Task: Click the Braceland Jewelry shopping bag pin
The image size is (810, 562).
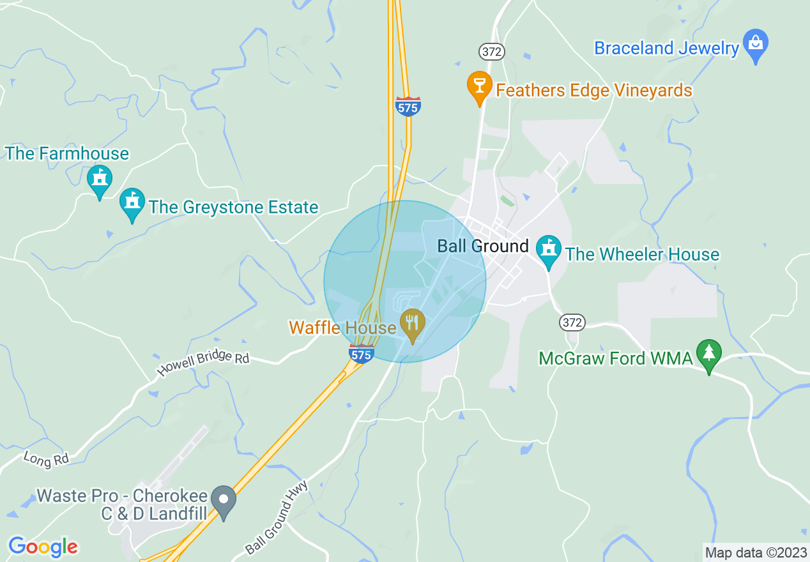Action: (x=756, y=45)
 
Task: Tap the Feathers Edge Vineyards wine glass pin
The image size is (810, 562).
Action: (x=479, y=86)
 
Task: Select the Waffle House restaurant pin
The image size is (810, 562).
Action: (x=413, y=324)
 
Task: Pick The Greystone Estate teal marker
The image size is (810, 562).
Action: (x=132, y=203)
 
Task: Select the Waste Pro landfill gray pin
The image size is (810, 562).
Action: (x=224, y=500)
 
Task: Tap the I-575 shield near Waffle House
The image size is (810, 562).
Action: (x=362, y=354)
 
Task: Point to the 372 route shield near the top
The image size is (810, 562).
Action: (x=491, y=52)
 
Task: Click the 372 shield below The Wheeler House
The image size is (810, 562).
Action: (x=572, y=323)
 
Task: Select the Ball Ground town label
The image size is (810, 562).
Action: (x=483, y=246)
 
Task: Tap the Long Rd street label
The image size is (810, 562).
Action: (x=45, y=459)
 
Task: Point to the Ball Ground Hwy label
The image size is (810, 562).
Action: (x=277, y=517)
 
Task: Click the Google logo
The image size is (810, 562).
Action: (x=43, y=547)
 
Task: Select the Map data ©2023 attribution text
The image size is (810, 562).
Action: (x=754, y=552)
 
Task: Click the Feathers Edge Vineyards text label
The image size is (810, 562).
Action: (x=594, y=91)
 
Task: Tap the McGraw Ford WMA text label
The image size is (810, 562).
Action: (x=616, y=358)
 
